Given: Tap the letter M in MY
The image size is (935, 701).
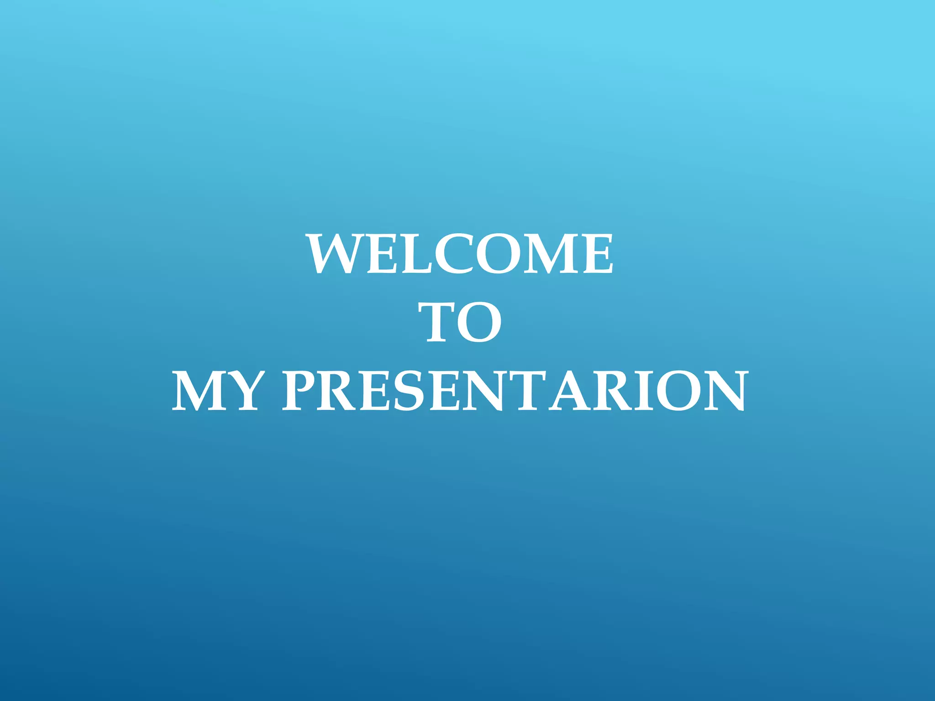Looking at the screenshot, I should pyautogui.click(x=197, y=391).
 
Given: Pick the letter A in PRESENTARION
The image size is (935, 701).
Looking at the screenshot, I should pyautogui.click(x=570, y=391).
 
